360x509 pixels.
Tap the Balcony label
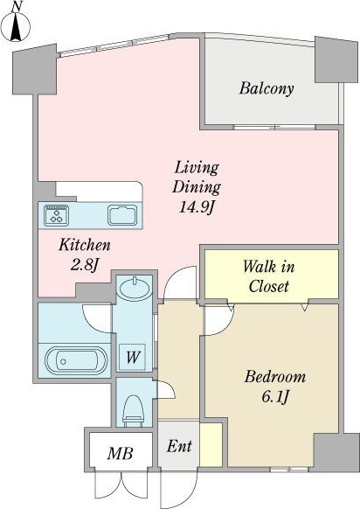[267, 88]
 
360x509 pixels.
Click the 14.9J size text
[197, 206]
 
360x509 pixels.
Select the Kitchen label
[85, 245]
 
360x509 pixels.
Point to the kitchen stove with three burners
[57, 215]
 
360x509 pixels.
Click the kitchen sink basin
[122, 215]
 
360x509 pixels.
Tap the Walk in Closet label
[269, 276]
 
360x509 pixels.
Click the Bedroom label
[275, 377]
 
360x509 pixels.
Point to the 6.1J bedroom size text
[275, 396]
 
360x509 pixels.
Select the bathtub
[76, 361]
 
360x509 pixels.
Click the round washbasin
[135, 288]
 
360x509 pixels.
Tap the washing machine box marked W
[132, 357]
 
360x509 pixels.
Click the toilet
[134, 410]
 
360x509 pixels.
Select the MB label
[121, 453]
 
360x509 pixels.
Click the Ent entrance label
[179, 446]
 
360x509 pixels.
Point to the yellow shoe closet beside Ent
[211, 445]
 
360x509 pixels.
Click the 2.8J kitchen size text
[85, 265]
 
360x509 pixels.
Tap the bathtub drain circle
[63, 361]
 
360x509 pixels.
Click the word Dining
[197, 187]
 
